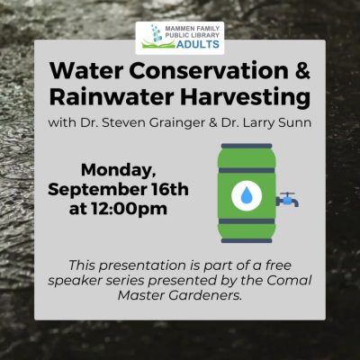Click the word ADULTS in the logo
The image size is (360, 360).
pos(198,44)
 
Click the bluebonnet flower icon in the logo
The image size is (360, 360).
pos(156,33)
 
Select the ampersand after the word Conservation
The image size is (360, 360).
pos(302,70)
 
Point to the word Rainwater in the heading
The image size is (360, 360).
pos(112,96)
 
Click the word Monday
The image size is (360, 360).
pos(119,171)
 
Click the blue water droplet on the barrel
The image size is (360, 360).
pos(247,195)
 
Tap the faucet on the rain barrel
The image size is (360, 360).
pos(287,200)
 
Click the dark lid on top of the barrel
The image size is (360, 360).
pos(247,146)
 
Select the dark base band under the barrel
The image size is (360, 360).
pos(247,240)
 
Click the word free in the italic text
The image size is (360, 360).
pos(278,265)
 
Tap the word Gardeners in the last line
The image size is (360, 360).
pos(205,295)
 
